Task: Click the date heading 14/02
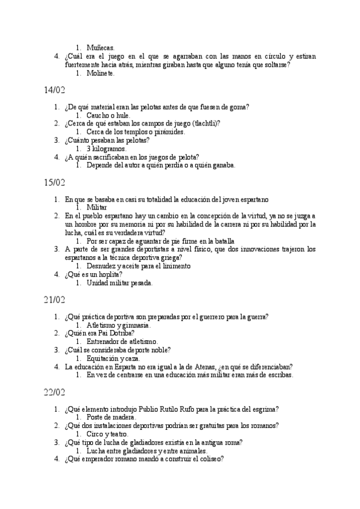click(x=55, y=90)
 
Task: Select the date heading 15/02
click(x=55, y=182)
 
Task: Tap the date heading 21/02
click(x=55, y=299)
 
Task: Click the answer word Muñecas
click(x=100, y=47)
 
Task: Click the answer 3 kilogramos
click(x=106, y=149)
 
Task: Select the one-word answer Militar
click(x=97, y=207)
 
